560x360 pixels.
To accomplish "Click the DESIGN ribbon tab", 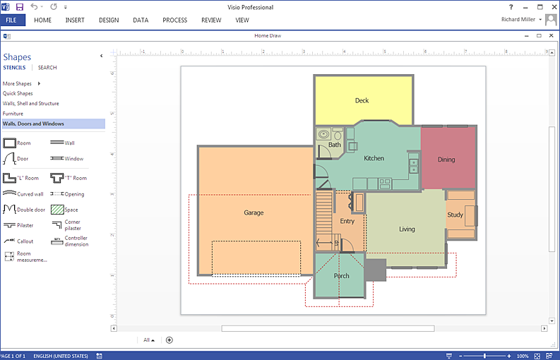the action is click(109, 20).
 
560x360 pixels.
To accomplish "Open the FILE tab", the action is click(11, 20).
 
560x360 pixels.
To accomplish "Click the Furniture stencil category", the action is click(13, 114).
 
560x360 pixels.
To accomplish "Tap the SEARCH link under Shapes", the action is click(47, 68).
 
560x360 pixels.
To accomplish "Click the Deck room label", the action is click(362, 101).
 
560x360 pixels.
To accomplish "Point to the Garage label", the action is click(254, 213).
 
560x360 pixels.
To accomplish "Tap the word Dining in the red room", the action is click(446, 160).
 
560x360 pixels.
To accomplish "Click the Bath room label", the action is click(334, 145).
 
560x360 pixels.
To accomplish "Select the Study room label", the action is click(455, 215).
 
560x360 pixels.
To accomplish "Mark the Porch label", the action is click(341, 276).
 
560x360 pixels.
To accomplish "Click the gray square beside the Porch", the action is click(375, 270).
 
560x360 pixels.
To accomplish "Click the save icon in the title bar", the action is click(20, 7).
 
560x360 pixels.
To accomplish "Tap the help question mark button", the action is click(511, 7).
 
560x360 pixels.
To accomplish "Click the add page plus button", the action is click(169, 340).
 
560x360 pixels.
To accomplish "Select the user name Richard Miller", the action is click(518, 20).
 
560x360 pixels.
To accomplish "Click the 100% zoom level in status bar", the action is click(523, 356).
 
